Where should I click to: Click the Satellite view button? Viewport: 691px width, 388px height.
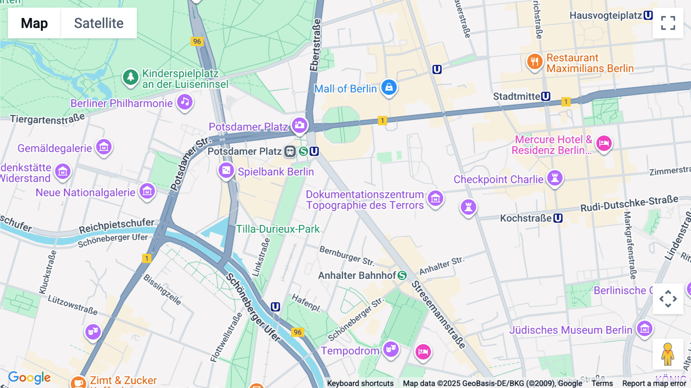point(99,23)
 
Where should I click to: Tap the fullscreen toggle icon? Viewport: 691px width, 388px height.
point(668,23)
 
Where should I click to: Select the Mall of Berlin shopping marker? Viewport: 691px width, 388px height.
point(389,88)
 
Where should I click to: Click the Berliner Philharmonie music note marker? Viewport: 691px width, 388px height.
point(185,102)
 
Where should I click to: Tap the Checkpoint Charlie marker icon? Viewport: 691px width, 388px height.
point(555,178)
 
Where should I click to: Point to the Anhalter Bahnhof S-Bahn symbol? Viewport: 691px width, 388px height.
point(402,275)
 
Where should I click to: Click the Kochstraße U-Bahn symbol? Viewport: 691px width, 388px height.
point(558,218)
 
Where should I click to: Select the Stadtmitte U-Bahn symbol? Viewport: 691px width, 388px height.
point(546,96)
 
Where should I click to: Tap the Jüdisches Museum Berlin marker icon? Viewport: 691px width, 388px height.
point(645,328)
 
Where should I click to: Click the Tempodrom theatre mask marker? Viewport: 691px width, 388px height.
point(391,349)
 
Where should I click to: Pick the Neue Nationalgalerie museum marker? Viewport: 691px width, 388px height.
point(147,191)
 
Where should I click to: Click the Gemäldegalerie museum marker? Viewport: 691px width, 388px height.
point(104,147)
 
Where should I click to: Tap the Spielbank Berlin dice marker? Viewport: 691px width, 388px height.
point(226,170)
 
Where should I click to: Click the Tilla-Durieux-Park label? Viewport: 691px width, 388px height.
point(278,229)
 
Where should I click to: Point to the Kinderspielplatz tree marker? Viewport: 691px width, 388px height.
point(131,77)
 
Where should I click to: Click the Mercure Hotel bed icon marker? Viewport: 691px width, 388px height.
point(603,144)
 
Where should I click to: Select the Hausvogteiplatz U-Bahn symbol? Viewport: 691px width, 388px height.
point(648,15)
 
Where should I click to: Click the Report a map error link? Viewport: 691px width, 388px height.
point(654,383)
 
